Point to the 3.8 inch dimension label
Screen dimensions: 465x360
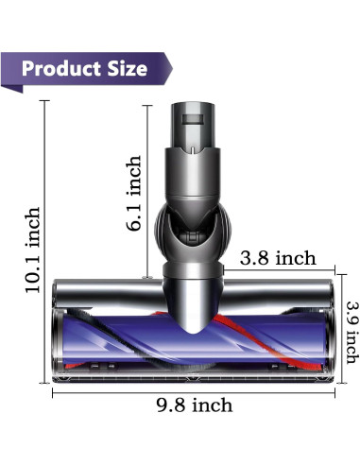[277, 258]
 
